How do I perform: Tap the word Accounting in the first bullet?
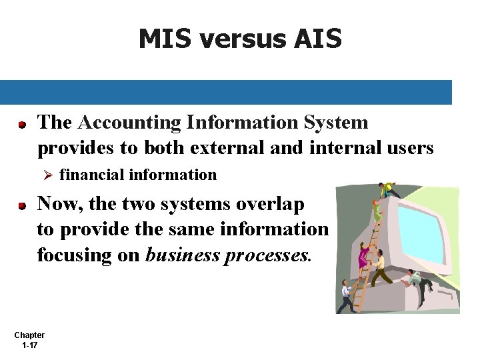127,123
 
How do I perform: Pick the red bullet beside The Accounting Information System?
22,124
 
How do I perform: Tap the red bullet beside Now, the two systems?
22,206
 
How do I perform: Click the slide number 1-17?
29,345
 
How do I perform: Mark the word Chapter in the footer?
29,335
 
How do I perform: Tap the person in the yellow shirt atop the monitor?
386,188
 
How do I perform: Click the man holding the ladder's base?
347,297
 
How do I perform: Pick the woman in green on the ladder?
377,212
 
